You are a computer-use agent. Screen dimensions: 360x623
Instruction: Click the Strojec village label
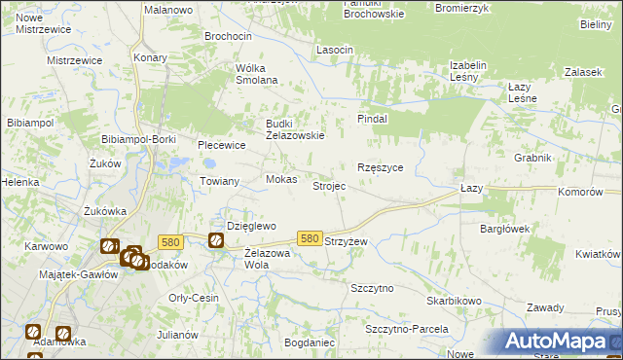tap(328, 186)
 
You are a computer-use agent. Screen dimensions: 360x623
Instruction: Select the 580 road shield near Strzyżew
tap(310, 238)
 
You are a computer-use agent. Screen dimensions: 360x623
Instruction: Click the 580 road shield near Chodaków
tap(171, 242)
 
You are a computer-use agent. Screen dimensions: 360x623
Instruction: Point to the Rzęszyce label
tap(381, 167)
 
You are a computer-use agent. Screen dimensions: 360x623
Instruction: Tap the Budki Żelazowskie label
tap(295, 129)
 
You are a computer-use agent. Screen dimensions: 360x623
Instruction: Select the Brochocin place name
tap(228, 36)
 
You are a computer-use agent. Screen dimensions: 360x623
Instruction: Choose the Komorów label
tap(580, 193)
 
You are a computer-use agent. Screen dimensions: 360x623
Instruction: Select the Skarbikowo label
tap(454, 301)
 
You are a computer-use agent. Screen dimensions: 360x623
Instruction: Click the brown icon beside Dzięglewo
tap(215, 240)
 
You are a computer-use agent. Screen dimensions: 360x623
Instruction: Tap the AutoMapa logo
tap(554, 342)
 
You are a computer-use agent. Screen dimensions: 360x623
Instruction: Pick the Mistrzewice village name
tap(75, 60)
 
